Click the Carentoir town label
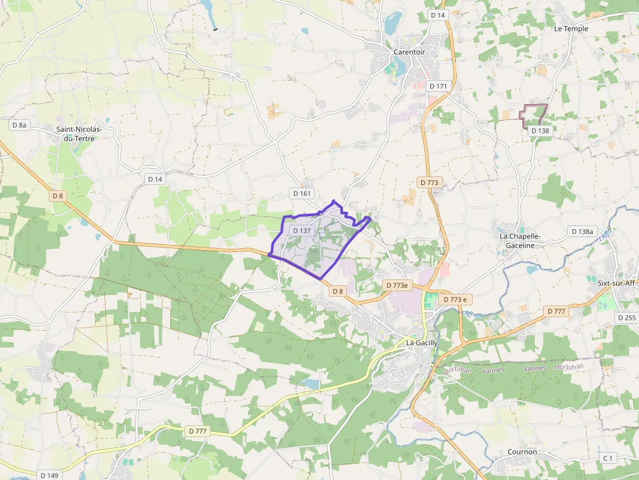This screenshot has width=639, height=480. point(409,51)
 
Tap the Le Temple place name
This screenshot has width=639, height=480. point(571,29)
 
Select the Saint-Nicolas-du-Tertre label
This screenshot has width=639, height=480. point(84,134)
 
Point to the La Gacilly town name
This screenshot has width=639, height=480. point(422,343)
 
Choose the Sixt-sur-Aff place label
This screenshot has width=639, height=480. point(616,283)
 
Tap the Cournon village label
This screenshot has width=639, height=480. point(522,451)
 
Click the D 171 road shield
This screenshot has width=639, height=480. point(438,86)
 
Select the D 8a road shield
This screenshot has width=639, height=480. point(20,125)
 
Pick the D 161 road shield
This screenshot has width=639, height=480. point(302,193)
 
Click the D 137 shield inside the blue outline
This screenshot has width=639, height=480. point(302,231)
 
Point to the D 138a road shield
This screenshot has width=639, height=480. point(582,231)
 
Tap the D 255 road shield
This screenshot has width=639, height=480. point(625,317)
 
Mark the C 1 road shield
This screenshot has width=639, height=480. point(608,458)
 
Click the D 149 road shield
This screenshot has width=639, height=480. point(48,475)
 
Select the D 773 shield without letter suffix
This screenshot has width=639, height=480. point(429,183)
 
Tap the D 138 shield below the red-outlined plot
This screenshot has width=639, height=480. point(539,130)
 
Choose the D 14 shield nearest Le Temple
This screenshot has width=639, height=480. point(437,14)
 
